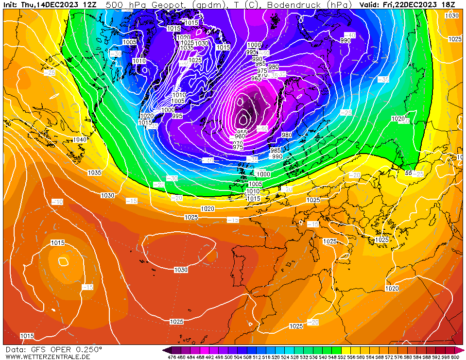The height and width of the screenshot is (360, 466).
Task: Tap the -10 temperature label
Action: [57, 202]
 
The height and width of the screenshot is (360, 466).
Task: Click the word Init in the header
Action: [10, 4]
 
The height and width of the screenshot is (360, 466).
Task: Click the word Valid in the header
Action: [370, 4]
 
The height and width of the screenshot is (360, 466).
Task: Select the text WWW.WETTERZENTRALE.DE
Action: [45, 357]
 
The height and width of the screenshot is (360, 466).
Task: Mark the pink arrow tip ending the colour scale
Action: [463, 350]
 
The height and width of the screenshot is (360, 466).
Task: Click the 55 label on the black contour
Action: [409, 173]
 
